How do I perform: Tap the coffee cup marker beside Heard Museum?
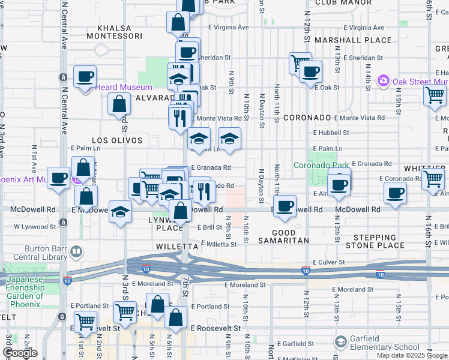85,77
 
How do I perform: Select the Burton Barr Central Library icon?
76,252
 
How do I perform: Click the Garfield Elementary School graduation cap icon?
341,342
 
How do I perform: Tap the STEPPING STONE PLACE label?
375,241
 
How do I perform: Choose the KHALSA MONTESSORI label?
122,32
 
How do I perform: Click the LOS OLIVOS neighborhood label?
118,140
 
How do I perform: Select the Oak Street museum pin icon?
383,80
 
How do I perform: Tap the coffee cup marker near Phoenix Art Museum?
59,178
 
